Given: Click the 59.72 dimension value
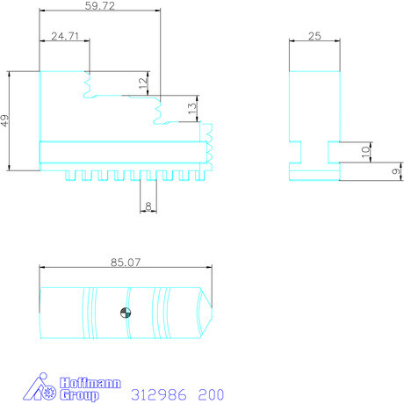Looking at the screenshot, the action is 100,5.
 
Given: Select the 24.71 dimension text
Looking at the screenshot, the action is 65,36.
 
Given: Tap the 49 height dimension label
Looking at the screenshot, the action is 4,120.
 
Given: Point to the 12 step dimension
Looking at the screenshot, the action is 143,83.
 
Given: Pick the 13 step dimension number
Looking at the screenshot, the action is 192,109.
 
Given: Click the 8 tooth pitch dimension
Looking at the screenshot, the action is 148,206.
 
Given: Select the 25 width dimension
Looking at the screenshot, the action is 314,36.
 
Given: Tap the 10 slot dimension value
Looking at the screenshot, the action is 365,152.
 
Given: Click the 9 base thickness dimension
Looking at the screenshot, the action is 396,171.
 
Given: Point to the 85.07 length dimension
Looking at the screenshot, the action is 126,263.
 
